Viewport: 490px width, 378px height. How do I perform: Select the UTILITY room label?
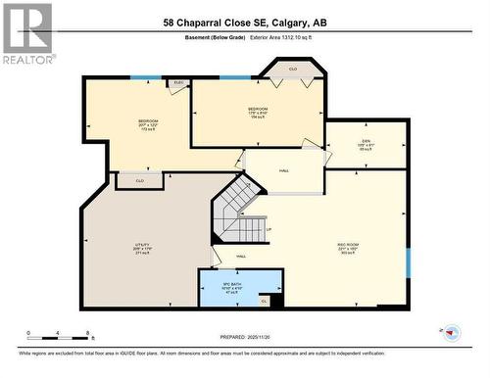pos(142,248)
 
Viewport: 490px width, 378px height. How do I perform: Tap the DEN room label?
pos(366,144)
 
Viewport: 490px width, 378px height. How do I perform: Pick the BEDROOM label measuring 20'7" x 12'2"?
pos(148,123)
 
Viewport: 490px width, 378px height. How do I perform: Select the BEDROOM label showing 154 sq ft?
pos(258,112)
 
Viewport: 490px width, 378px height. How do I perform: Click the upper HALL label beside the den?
pos(284,170)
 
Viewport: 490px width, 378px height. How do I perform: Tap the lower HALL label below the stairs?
pos(240,257)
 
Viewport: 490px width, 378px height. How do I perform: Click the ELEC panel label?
pos(179,83)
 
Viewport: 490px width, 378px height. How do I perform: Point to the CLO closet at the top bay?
pos(292,70)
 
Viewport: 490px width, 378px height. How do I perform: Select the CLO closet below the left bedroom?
pos(140,181)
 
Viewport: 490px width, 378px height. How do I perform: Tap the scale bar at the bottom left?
pos(60,333)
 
